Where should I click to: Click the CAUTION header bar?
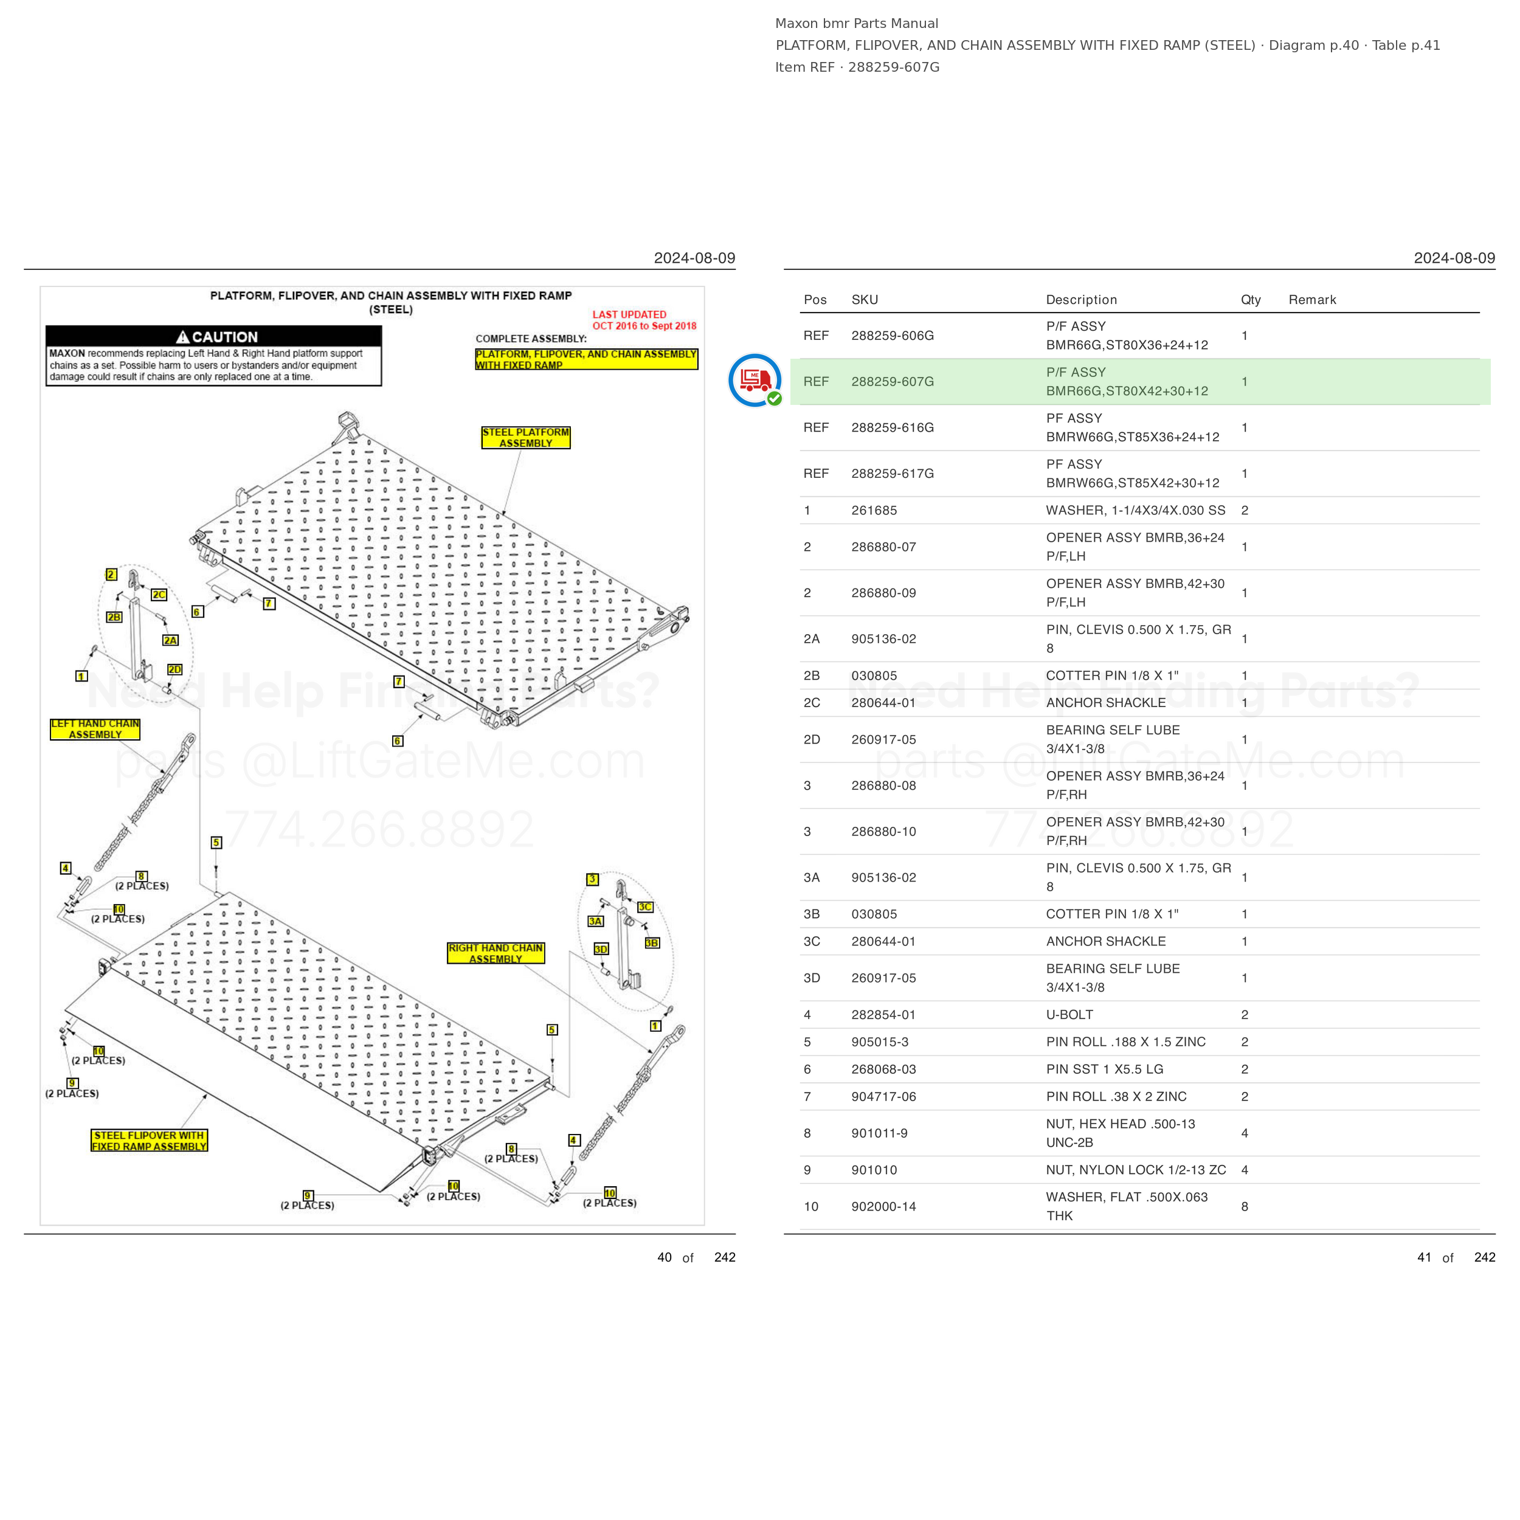[213, 337]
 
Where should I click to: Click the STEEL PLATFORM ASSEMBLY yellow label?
[525, 437]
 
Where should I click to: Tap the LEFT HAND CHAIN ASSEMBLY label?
[95, 730]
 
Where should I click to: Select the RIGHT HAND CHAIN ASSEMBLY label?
[496, 953]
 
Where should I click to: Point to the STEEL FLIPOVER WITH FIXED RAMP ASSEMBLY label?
[150, 1141]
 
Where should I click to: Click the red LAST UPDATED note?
[644, 320]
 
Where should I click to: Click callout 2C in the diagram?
[159, 595]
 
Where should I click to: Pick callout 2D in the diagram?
[174, 669]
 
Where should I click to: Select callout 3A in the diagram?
[596, 921]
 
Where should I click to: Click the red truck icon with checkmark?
[755, 381]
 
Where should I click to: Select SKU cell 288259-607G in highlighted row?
[892, 382]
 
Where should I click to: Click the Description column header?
[1081, 300]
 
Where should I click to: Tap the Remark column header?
[1312, 300]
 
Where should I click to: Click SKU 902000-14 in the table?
[883, 1207]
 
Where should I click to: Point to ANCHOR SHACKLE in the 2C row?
[1105, 703]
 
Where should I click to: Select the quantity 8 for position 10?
[1245, 1207]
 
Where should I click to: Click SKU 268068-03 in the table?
[883, 1069]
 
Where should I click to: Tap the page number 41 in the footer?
[1424, 1257]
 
